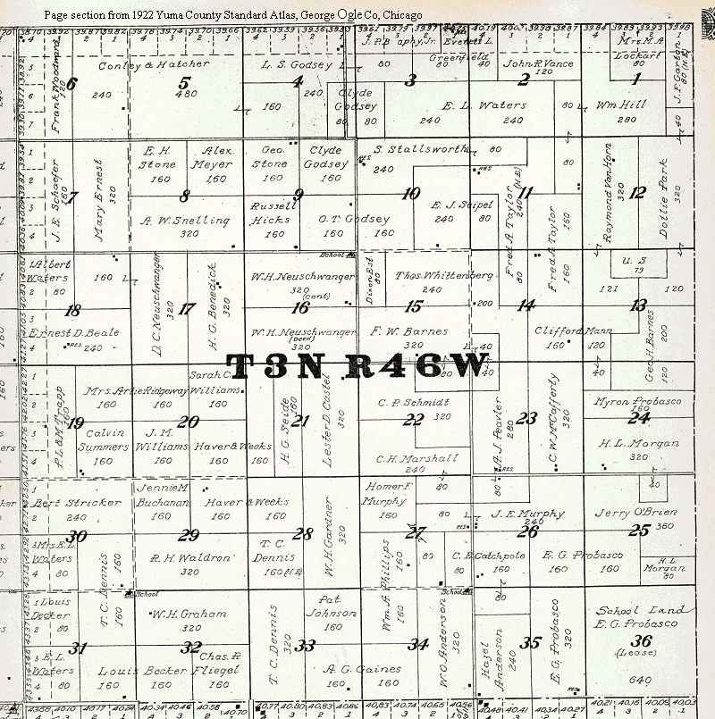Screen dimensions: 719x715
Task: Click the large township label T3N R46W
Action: click(357, 366)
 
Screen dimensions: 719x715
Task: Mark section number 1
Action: click(636, 80)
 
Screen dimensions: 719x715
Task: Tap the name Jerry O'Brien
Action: click(635, 514)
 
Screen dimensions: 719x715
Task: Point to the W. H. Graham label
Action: click(189, 614)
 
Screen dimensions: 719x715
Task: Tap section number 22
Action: click(412, 420)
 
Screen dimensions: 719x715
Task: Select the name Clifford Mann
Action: click(573, 330)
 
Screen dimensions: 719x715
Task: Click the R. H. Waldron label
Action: click(189, 557)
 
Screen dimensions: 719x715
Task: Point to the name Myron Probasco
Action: click(635, 402)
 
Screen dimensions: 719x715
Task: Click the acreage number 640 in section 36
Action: click(640, 679)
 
